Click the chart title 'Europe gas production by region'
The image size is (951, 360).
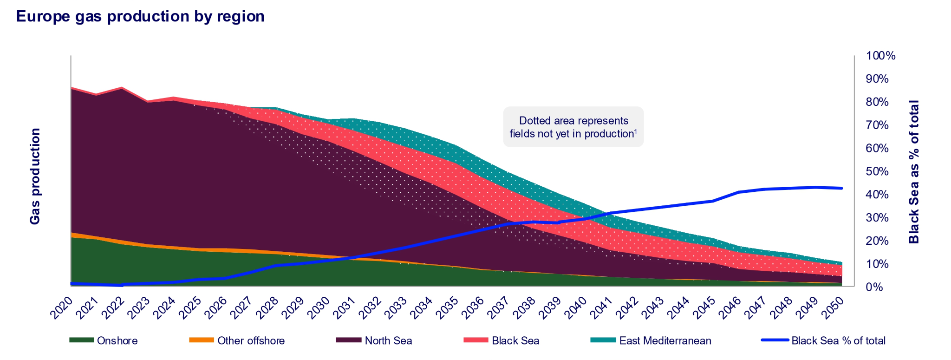click(x=140, y=16)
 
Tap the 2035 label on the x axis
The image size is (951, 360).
click(x=447, y=308)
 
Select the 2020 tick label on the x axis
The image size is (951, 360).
click(x=62, y=308)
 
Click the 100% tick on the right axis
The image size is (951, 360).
click(x=880, y=56)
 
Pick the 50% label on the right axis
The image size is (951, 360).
click(x=878, y=171)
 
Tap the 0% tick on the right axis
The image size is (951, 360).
click(x=875, y=287)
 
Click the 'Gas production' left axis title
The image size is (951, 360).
click(x=35, y=177)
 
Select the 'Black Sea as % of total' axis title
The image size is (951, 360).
click(x=914, y=171)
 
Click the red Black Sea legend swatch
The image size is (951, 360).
click(x=475, y=340)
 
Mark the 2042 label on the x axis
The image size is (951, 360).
click(x=626, y=308)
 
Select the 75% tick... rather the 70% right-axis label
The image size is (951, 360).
click(x=878, y=125)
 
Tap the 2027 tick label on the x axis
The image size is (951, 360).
click(x=241, y=308)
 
